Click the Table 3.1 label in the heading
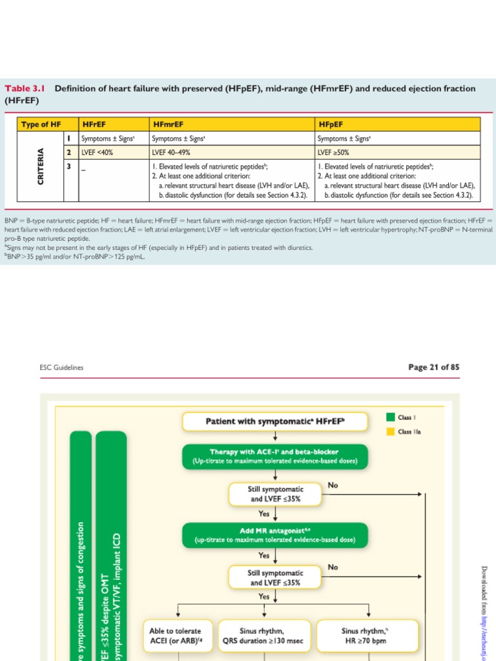tap(26, 88)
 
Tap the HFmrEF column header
tap(166, 123)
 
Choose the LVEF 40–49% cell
tap(170, 152)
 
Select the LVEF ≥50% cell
tap(336, 152)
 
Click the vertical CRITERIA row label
tap(41, 167)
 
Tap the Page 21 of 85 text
tap(434, 367)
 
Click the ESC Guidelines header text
tap(61, 368)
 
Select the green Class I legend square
tap(390, 416)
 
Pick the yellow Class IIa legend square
tap(390, 432)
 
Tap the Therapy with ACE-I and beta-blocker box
tap(275, 456)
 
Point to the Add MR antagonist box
tap(275, 534)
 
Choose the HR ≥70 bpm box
tap(368, 636)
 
